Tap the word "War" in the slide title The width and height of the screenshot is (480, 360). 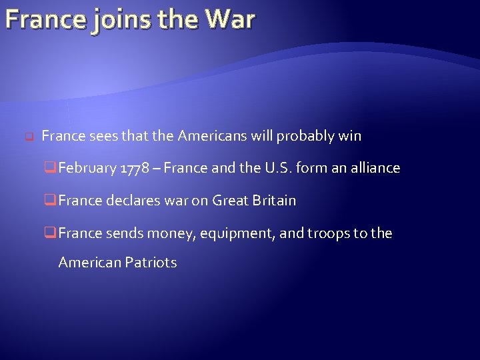[x=229, y=19]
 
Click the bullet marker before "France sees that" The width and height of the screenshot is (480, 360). [x=29, y=137]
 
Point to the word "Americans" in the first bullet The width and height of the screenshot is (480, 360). [x=213, y=137]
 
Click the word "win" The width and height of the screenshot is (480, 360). [x=350, y=137]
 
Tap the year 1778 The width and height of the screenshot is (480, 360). [x=135, y=169]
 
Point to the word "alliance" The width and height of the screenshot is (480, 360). [x=374, y=169]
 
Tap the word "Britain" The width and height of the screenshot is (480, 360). [x=273, y=201]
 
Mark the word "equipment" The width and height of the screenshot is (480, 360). [x=230, y=233]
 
